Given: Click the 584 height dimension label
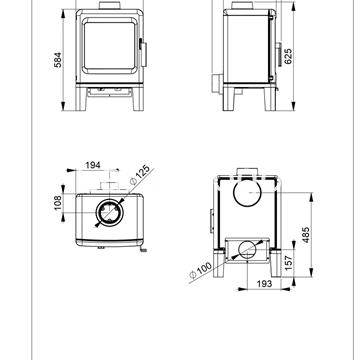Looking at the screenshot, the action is click(58, 60).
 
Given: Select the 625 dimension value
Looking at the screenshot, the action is click(288, 56).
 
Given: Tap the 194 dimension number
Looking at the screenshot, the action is click(93, 165).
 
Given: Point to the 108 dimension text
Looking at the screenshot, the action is click(58, 203).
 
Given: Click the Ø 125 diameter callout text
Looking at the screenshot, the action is click(140, 174).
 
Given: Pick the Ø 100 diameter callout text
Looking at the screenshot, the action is click(200, 270).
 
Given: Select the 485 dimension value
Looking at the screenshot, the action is click(306, 235).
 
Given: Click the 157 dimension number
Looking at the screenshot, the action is click(289, 262).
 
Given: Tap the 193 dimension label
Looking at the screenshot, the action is click(264, 284).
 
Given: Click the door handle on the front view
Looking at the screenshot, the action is click(143, 53).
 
